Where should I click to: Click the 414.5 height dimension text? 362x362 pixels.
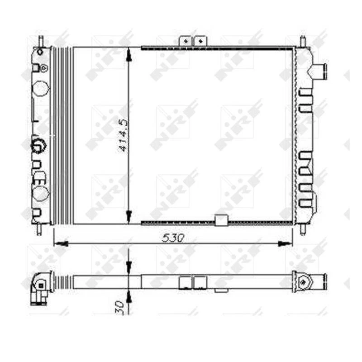123,135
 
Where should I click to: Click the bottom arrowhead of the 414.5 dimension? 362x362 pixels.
129,217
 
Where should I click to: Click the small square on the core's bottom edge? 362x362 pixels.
221,220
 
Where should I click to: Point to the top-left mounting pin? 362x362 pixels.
40,41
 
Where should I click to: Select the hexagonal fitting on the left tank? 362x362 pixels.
38,145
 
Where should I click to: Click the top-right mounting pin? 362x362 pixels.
303,41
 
